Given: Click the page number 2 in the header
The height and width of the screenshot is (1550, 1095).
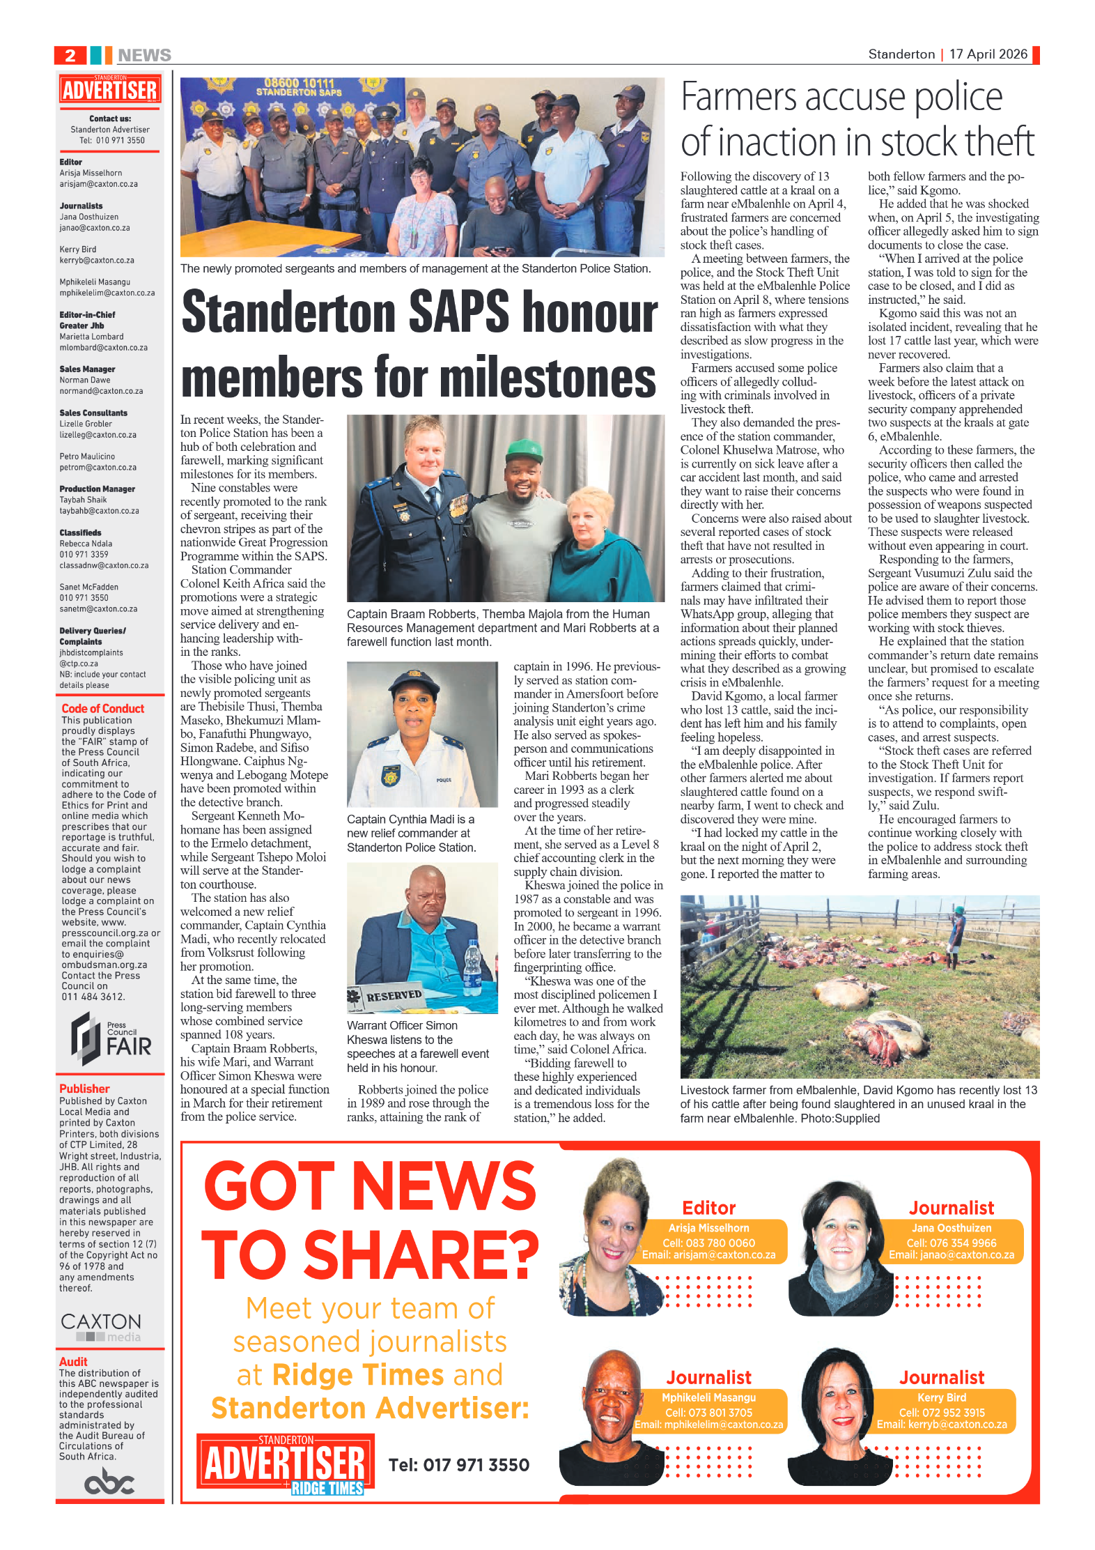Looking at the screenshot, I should (70, 56).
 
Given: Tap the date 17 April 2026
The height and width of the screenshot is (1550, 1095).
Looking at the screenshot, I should (988, 54).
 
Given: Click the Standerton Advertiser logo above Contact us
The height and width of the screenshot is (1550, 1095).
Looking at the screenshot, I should (110, 90).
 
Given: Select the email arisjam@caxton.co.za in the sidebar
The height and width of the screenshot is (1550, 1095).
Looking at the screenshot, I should (98, 184).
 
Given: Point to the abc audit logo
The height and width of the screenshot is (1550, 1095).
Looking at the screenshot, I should (109, 1481).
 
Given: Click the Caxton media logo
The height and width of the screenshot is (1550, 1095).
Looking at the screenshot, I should (101, 1327).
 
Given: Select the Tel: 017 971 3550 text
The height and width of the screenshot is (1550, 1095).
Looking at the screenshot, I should (458, 1464).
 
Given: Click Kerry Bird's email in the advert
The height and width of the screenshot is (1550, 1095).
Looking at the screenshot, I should (941, 1425).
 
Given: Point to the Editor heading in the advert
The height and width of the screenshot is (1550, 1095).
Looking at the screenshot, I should (708, 1208).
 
